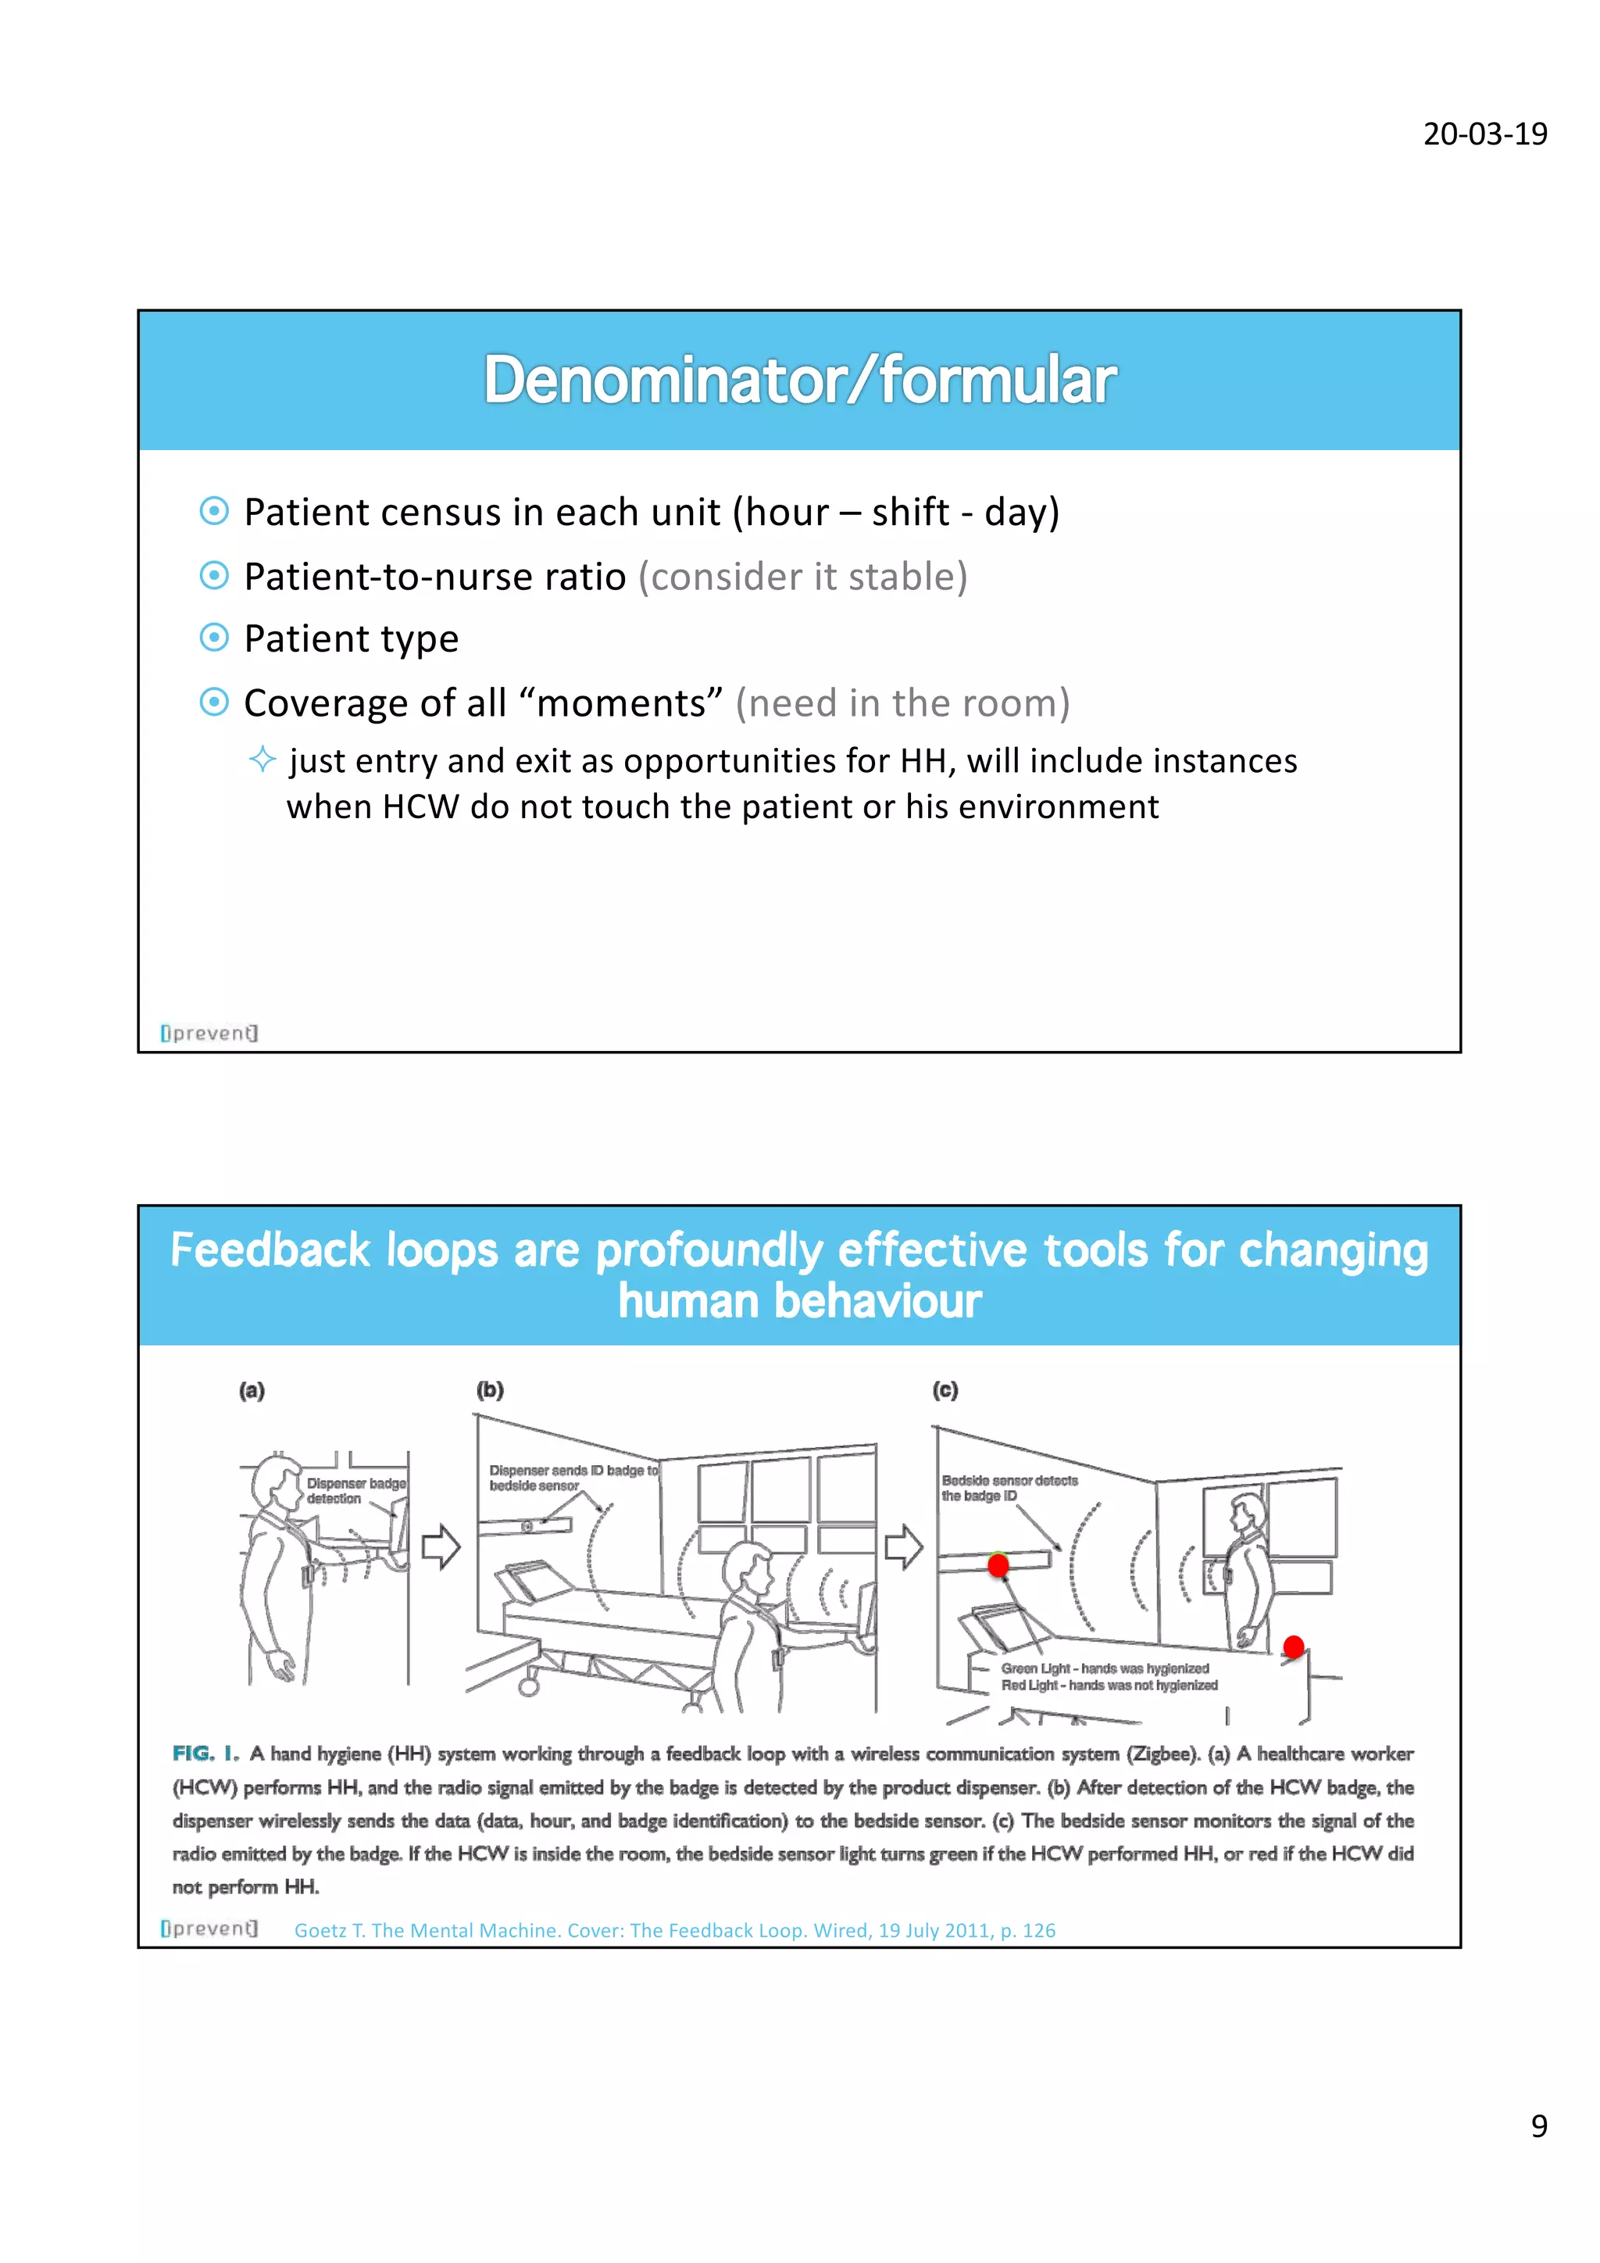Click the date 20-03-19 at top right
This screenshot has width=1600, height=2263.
tap(1484, 134)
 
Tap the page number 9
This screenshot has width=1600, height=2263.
tap(1538, 2126)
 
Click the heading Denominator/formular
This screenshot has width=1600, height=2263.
tap(799, 381)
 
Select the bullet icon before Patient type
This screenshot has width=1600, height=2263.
tap(214, 638)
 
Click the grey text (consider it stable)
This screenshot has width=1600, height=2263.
tap(802, 577)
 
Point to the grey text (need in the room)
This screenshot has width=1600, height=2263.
tap(902, 702)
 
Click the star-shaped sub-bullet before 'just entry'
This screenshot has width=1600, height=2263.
tap(262, 759)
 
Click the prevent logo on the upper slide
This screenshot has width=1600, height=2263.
tap(209, 1033)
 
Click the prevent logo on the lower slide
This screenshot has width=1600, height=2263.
tap(209, 1928)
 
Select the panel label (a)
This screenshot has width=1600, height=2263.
tap(252, 1391)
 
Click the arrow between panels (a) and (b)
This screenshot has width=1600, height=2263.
tap(441, 1546)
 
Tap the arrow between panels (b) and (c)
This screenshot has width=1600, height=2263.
tap(902, 1546)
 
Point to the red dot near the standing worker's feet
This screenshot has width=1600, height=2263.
tap(1294, 1646)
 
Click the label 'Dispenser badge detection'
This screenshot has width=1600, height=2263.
tap(354, 1490)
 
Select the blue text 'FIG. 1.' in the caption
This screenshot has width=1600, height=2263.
tap(205, 1754)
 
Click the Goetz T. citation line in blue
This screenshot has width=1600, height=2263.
tap(675, 1930)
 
